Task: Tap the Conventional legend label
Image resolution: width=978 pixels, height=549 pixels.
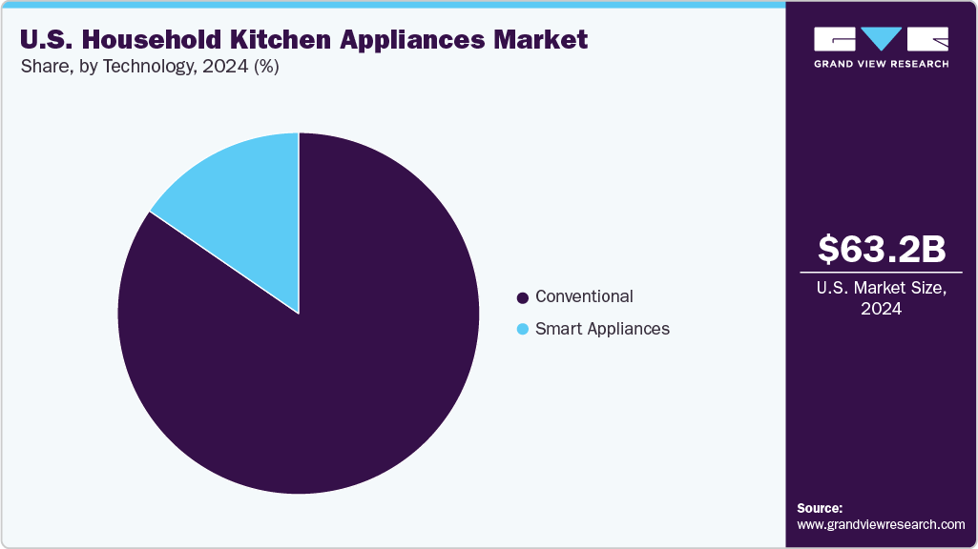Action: [x=584, y=296]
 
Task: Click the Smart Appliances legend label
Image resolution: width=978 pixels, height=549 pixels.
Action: [x=602, y=329]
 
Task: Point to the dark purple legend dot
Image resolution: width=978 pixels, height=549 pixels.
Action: [x=522, y=297]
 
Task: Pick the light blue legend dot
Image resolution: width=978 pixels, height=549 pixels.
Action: [x=522, y=330]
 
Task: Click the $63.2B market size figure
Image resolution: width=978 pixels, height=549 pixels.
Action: [x=882, y=249]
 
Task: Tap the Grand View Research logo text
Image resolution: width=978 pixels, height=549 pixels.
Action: [x=881, y=64]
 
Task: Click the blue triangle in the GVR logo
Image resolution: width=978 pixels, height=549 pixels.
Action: [x=882, y=39]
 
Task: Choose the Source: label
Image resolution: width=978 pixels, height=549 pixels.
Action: [x=820, y=508]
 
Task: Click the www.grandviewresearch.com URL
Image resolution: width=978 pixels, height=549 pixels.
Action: [x=881, y=524]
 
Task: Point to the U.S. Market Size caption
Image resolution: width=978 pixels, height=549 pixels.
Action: [x=882, y=288]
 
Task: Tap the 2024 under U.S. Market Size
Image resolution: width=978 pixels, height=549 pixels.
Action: [x=882, y=309]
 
